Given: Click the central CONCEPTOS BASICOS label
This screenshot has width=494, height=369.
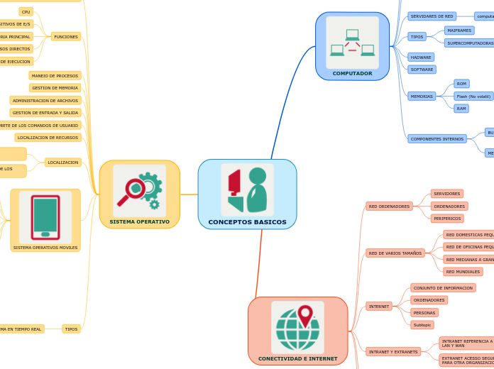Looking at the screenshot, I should [x=247, y=222].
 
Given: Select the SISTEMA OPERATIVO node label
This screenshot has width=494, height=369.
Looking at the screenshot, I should [x=139, y=221].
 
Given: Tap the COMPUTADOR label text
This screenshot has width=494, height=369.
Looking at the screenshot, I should [x=352, y=73].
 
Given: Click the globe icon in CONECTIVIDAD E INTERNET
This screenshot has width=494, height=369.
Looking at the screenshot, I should [x=297, y=327].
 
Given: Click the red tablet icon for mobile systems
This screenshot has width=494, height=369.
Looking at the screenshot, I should [x=45, y=217].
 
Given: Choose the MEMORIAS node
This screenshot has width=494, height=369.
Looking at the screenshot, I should [x=422, y=96].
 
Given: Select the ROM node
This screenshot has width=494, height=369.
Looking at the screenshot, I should [x=461, y=84].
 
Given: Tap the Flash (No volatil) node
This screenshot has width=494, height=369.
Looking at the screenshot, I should [x=473, y=96].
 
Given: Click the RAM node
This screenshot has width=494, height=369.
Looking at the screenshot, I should [x=461, y=109].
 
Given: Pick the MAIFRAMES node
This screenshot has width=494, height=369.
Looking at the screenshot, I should [x=459, y=31].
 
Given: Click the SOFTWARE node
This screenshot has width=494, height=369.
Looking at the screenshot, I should [x=422, y=70].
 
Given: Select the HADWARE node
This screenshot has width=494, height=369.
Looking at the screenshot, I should [x=421, y=57].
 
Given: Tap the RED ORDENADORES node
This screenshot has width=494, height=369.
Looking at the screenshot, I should [x=389, y=206].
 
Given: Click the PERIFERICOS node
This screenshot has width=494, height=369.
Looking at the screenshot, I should [x=447, y=219].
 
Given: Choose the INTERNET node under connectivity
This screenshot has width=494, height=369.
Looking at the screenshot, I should [x=379, y=307].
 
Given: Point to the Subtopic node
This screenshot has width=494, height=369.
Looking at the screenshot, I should [x=422, y=325].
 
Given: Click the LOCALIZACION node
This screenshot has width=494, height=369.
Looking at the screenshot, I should [x=63, y=163].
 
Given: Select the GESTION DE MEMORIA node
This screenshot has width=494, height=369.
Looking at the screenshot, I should [x=55, y=88].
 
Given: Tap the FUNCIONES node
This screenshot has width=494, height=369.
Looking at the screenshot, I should [x=66, y=36].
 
